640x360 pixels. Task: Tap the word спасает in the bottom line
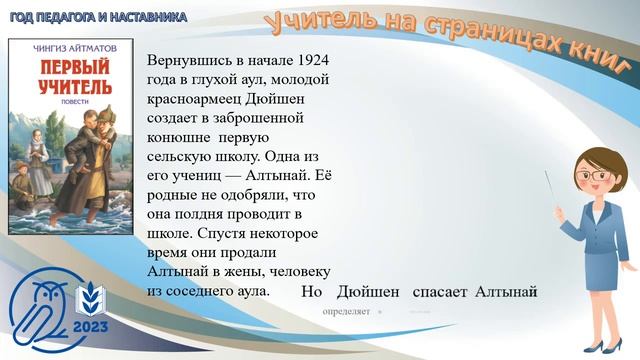tap(440, 292)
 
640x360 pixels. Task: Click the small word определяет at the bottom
tap(346, 311)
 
